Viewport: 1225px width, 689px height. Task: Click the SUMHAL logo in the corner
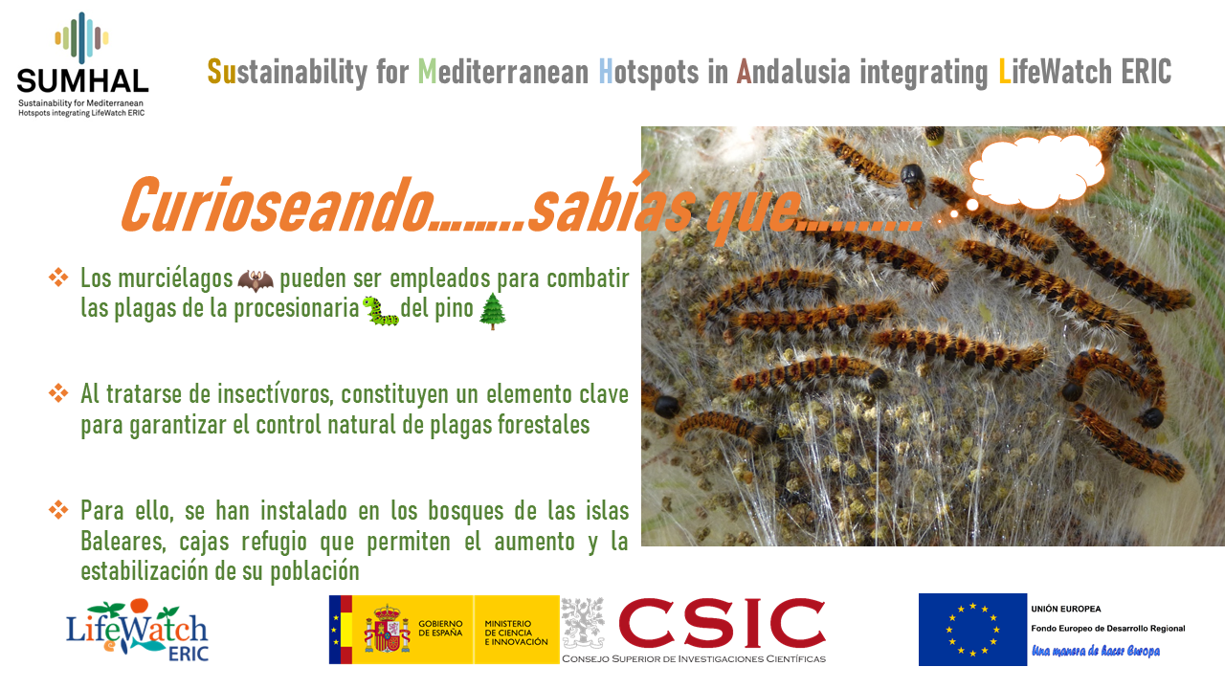82,64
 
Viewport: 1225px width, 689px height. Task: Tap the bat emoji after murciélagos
256,280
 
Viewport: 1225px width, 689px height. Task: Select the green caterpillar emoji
381,311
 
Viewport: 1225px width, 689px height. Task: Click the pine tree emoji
492,311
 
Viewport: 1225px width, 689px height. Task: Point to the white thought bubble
1036,171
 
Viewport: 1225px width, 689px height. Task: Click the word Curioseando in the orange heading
278,205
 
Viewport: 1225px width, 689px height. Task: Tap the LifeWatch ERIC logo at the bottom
137,630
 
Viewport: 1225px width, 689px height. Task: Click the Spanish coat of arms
388,629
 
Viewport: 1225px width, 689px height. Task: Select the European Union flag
972,630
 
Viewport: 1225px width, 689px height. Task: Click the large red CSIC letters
722,622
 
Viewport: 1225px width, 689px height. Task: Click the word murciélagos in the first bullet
175,278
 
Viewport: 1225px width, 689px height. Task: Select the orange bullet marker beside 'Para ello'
58,510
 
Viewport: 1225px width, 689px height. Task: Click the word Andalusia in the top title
793,72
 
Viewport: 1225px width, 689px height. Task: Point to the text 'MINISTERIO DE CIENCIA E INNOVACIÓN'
516,633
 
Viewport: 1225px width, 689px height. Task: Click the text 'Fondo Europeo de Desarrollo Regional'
1108,629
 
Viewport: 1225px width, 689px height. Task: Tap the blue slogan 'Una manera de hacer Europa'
1096,651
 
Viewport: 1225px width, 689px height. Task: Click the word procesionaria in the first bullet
297,308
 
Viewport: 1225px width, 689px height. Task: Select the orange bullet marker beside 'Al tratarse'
58,393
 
